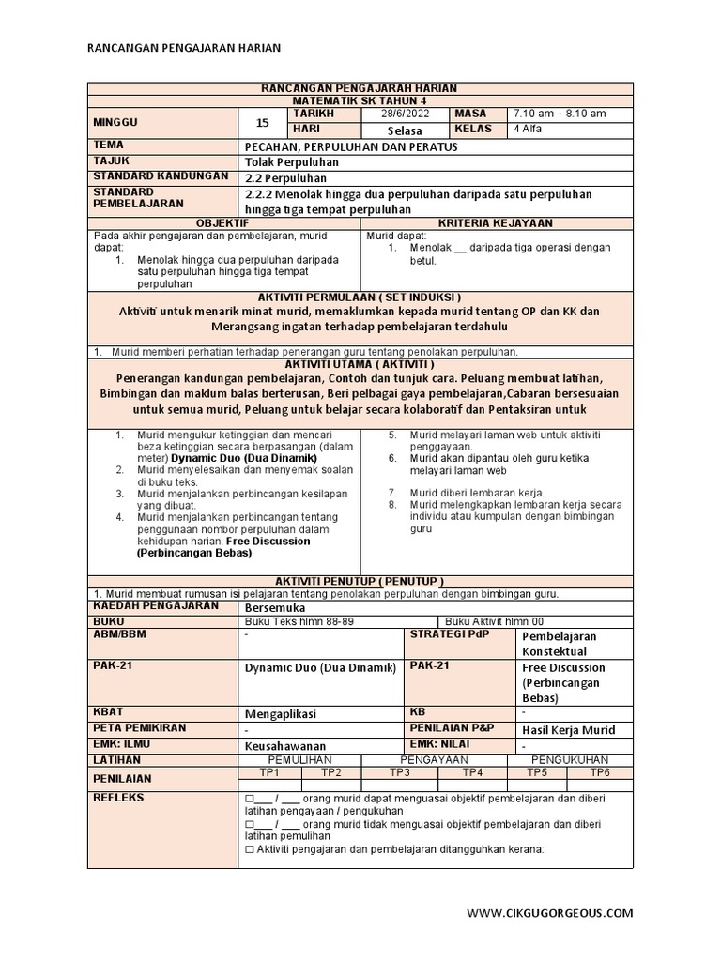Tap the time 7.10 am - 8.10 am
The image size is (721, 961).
[560, 114]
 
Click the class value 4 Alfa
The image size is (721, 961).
[528, 130]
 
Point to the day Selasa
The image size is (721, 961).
[405, 130]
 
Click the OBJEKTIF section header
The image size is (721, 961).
[223, 223]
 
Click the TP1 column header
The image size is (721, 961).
[269, 772]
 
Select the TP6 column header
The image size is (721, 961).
[599, 772]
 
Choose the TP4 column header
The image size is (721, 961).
[472, 772]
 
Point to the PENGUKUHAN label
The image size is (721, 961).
[570, 759]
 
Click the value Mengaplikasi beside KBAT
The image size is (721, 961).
[282, 713]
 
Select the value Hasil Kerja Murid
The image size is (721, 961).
[568, 730]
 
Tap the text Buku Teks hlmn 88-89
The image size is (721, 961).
[292, 621]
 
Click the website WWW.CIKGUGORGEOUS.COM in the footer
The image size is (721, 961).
[550, 912]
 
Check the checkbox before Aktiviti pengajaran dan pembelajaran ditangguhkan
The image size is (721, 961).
[249, 850]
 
